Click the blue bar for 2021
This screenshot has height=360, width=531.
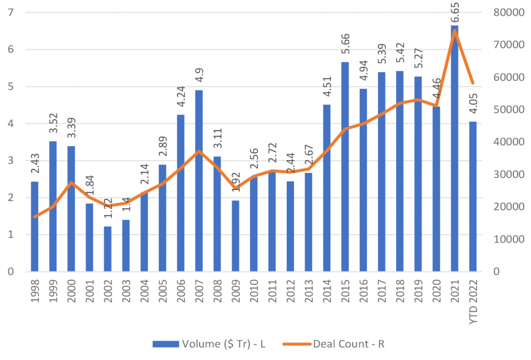click(x=454, y=155)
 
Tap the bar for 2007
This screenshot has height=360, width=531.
click(x=199, y=181)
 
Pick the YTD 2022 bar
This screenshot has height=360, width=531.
click(x=472, y=197)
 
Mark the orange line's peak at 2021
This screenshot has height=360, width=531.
click(x=454, y=31)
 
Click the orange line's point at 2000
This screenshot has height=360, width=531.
click(x=72, y=182)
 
